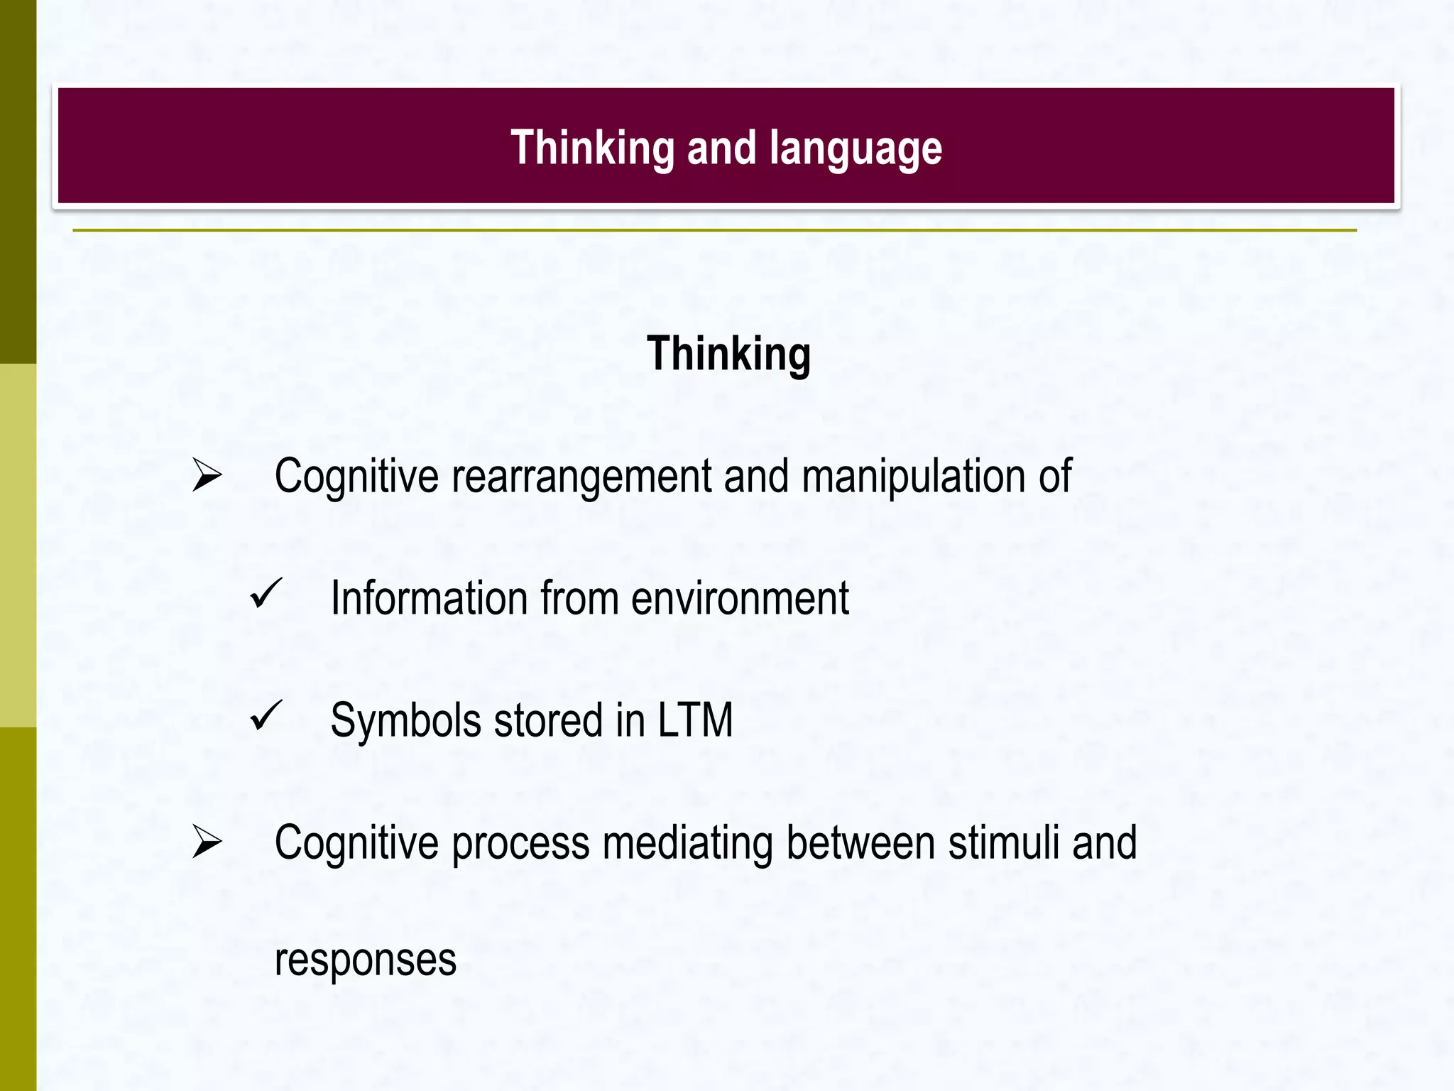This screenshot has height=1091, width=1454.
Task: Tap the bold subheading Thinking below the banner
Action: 728,354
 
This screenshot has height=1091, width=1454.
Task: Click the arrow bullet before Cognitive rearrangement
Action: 207,476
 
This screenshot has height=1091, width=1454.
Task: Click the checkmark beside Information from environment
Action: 266,594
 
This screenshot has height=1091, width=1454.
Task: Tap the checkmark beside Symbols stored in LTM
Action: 266,716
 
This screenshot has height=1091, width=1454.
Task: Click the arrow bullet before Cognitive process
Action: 207,842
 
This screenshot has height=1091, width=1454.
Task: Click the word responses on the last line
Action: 365,960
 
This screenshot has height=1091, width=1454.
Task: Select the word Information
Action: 429,598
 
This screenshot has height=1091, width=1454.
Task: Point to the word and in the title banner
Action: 721,148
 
